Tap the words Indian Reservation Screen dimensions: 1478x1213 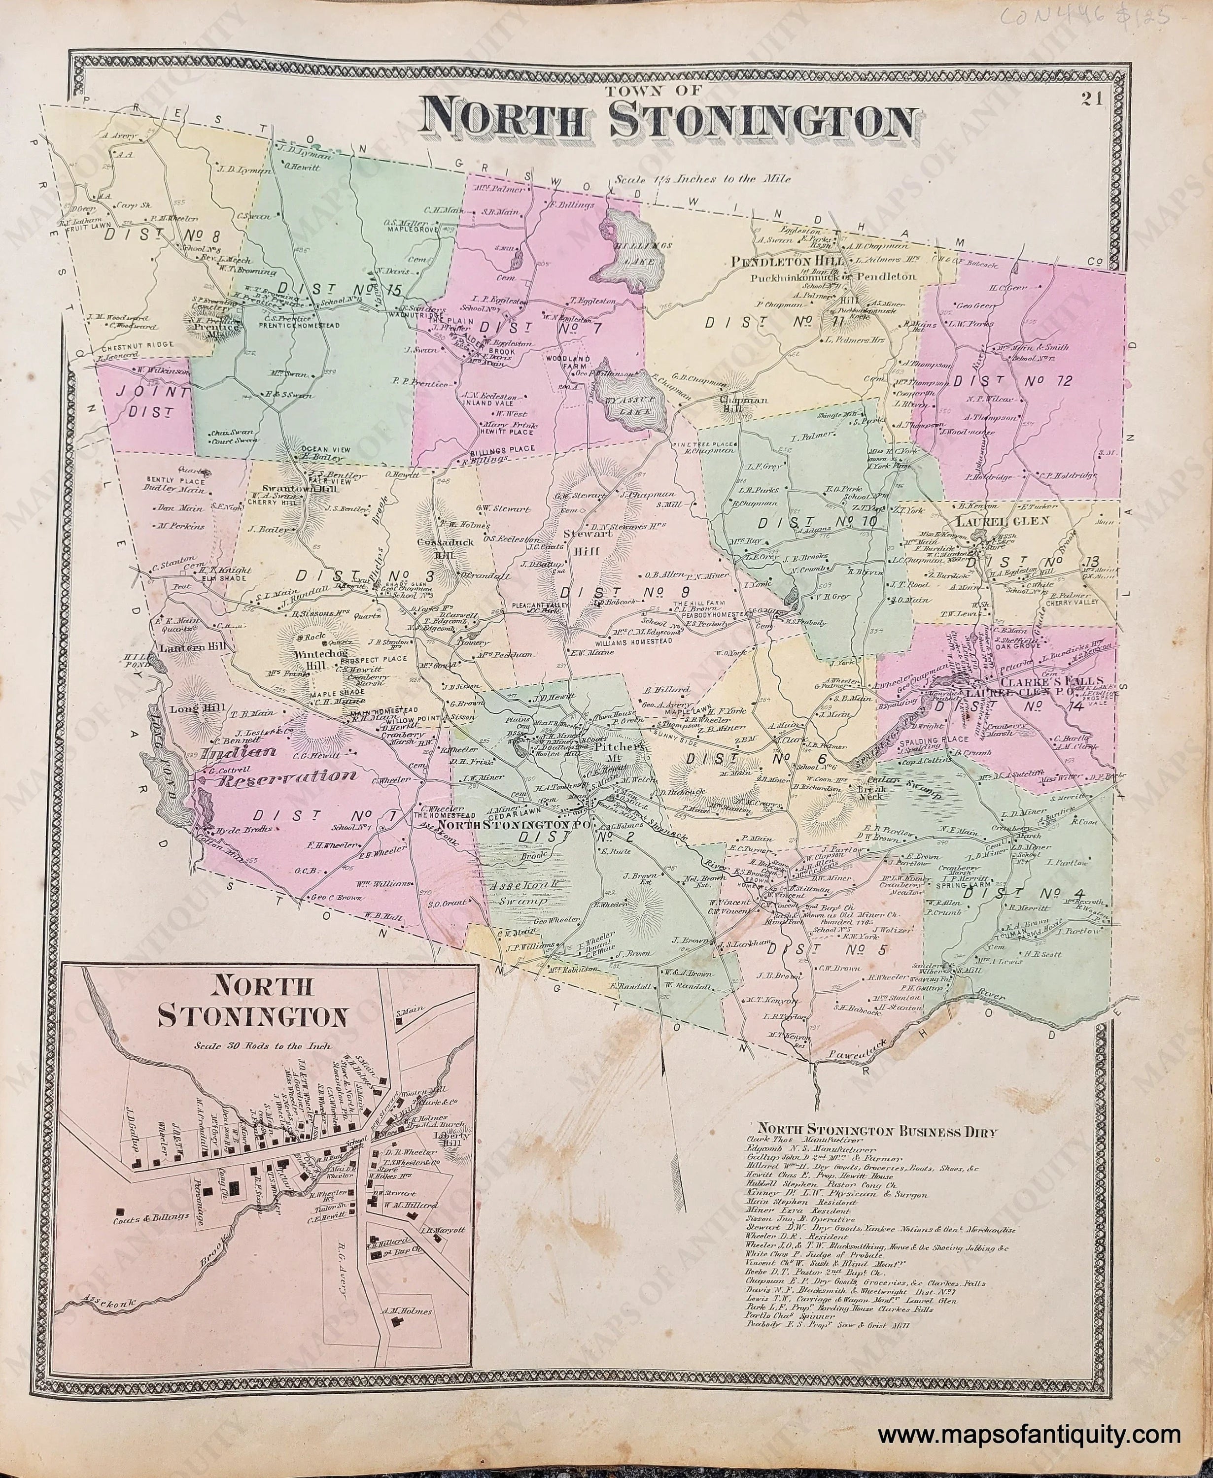[x=275, y=764]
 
